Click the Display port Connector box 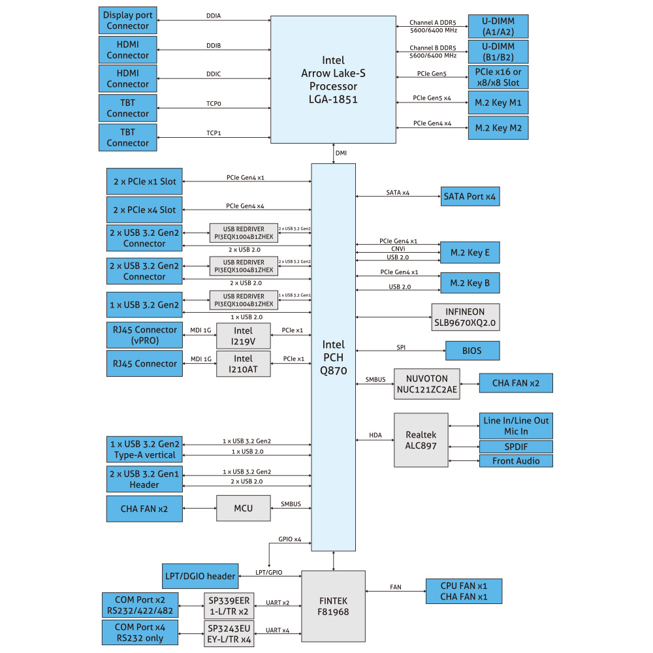coord(127,20)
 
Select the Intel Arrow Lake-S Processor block coord(334,79)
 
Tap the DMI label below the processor coord(341,153)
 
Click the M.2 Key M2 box coord(498,128)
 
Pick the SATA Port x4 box coord(470,195)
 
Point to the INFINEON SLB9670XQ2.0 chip coord(466,317)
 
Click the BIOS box coord(472,351)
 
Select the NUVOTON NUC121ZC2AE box coord(427,385)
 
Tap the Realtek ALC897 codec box coord(421,439)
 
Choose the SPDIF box coord(516,447)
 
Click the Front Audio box coord(516,461)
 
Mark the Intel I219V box coord(243,336)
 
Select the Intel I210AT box coord(243,364)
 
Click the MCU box coord(243,508)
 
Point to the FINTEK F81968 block coord(333,606)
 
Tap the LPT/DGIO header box coord(199,576)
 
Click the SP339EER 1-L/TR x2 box coord(229,606)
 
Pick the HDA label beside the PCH coord(375,435)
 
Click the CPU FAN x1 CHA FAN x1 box coord(464,591)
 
